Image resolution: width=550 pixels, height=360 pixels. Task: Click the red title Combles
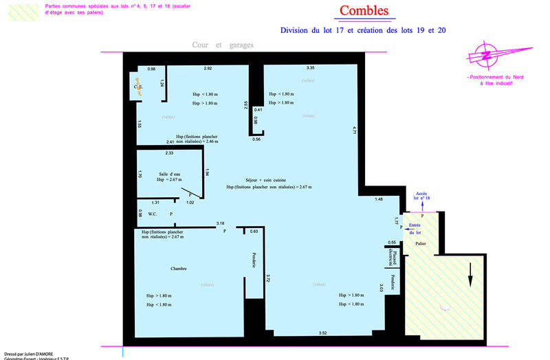click(364, 12)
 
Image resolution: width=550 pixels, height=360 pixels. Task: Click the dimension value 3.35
click(311, 68)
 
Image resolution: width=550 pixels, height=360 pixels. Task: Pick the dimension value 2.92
click(207, 68)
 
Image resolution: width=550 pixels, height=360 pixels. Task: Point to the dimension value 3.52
click(322, 333)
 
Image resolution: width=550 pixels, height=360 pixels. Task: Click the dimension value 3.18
click(220, 223)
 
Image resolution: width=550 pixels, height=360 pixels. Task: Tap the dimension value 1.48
click(379, 199)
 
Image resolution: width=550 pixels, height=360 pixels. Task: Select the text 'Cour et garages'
click(223, 45)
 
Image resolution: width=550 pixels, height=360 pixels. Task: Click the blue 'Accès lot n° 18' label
click(421, 196)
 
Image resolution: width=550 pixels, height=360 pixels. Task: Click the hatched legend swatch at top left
click(21, 11)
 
